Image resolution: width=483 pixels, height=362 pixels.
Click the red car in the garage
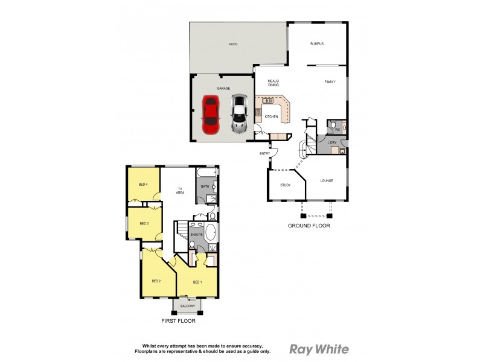tap(210, 115)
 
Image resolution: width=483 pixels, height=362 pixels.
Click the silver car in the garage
tap(240, 115)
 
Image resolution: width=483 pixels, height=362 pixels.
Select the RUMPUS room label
tap(317, 43)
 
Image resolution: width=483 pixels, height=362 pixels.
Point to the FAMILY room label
tap(330, 82)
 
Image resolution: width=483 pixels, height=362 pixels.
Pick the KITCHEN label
tap(271, 116)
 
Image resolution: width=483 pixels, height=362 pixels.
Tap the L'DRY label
tap(331, 142)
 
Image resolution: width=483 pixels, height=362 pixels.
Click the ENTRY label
tap(265, 153)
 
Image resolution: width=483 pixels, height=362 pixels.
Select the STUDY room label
tap(285, 185)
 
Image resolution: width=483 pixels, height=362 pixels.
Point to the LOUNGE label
tap(327, 180)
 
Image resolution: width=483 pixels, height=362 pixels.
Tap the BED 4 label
tap(143, 184)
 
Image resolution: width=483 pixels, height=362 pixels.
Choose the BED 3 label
tap(144, 224)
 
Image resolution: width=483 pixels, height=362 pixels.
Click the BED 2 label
tap(156, 281)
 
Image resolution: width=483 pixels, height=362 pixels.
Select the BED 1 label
tap(197, 282)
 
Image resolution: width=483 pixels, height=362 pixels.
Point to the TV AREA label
tap(180, 191)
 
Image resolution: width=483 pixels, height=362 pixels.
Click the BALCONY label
tap(187, 306)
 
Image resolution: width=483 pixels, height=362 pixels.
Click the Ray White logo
tap(319, 349)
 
